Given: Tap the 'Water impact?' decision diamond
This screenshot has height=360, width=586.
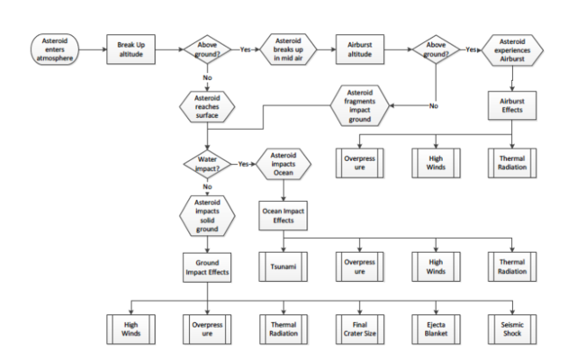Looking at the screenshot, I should (208, 165).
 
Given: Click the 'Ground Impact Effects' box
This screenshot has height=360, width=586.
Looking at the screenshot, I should (208, 266).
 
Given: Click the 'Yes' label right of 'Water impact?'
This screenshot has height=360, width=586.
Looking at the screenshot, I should (244, 165).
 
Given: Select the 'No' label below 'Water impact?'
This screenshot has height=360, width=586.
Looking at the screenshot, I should (208, 186).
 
